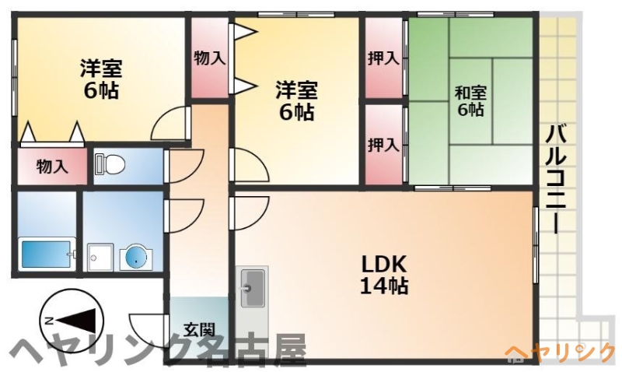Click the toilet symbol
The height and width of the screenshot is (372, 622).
110,164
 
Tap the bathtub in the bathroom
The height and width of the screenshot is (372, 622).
47,254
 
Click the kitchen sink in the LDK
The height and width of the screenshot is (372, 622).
252,288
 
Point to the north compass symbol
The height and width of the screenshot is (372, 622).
72,321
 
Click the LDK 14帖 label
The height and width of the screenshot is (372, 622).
384,274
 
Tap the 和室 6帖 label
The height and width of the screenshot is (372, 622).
470,101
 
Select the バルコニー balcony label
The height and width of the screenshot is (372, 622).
556,179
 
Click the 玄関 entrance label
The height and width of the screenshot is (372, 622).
199,329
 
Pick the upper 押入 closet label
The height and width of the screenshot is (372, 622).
383,58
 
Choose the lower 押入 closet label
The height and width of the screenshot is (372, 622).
383,145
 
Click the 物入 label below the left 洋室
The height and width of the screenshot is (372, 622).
52,167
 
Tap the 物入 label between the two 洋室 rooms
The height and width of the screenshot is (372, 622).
210,58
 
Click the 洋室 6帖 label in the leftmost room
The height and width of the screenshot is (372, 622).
101,79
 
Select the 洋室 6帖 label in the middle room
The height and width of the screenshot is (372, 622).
297,101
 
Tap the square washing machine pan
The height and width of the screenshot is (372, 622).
100,258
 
